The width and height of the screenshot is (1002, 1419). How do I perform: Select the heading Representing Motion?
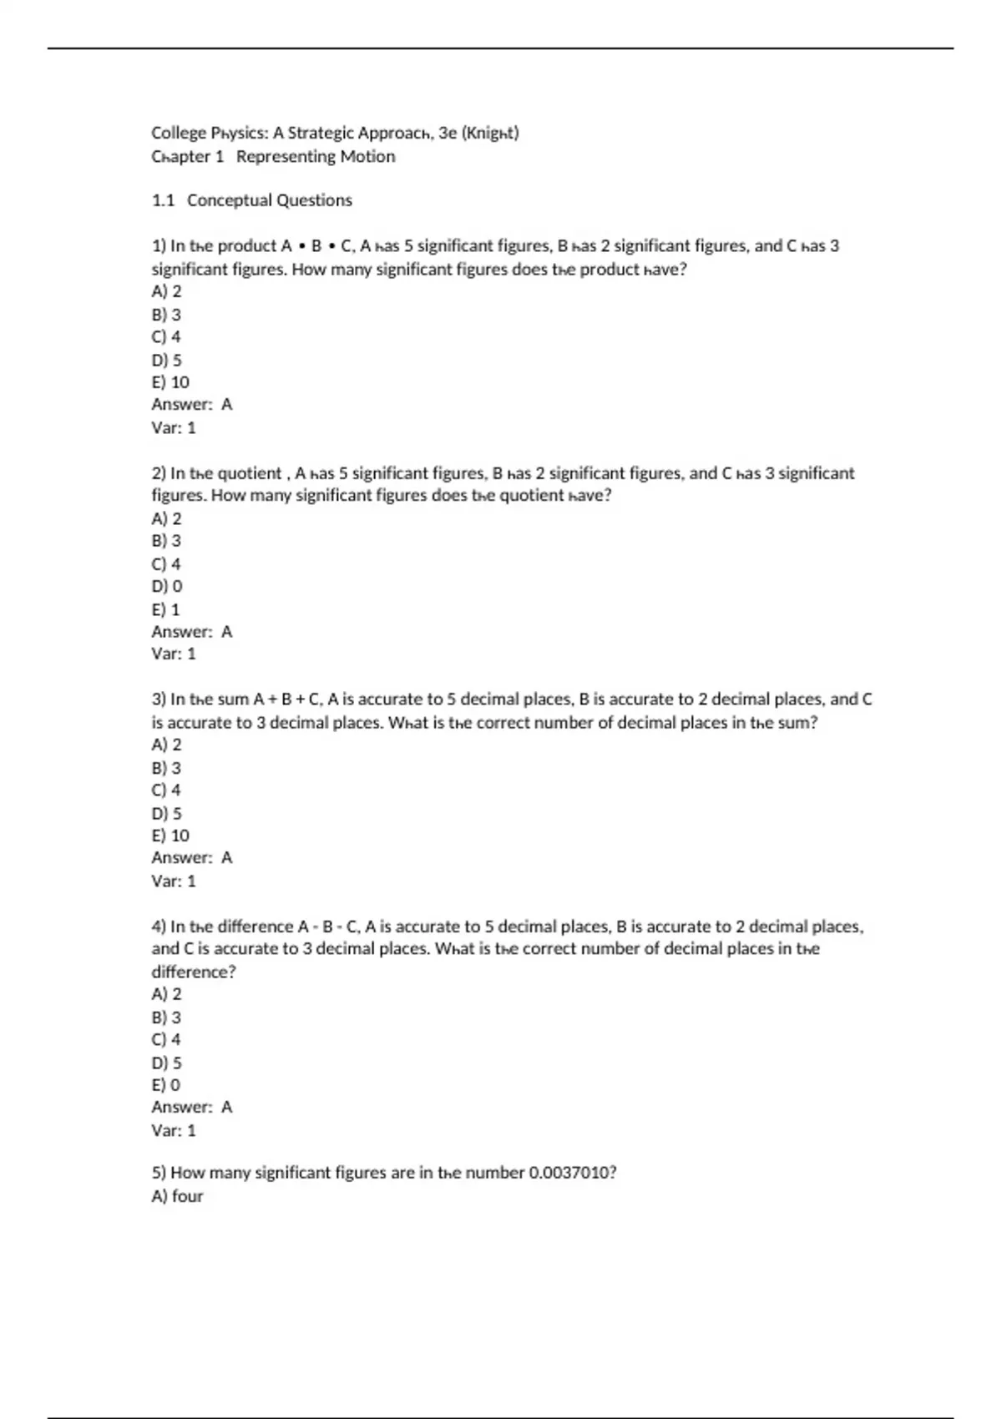(x=316, y=156)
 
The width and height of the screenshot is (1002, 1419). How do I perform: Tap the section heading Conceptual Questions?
(x=269, y=200)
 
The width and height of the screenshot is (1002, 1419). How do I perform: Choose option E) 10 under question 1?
(x=170, y=382)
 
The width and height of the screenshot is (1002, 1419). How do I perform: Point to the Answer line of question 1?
(x=192, y=405)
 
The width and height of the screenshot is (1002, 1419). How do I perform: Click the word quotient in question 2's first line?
(x=249, y=473)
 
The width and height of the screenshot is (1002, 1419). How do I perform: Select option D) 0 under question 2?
(x=167, y=587)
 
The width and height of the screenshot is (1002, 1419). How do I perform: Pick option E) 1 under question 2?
(x=166, y=609)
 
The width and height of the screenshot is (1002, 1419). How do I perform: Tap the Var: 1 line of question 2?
(x=174, y=654)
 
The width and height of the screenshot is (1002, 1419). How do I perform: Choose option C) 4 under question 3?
(x=166, y=790)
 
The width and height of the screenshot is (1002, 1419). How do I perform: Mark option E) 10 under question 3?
(x=170, y=836)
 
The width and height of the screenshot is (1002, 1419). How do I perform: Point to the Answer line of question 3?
(x=192, y=858)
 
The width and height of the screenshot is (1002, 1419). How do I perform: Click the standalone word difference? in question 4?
(x=194, y=972)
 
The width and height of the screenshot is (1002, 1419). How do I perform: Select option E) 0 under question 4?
(x=166, y=1085)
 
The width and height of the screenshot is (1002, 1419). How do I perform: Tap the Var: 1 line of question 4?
(x=174, y=1130)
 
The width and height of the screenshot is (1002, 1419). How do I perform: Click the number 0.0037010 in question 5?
(x=572, y=1173)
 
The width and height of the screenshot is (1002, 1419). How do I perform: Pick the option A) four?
(x=178, y=1196)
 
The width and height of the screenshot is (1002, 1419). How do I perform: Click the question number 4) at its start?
(x=159, y=927)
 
